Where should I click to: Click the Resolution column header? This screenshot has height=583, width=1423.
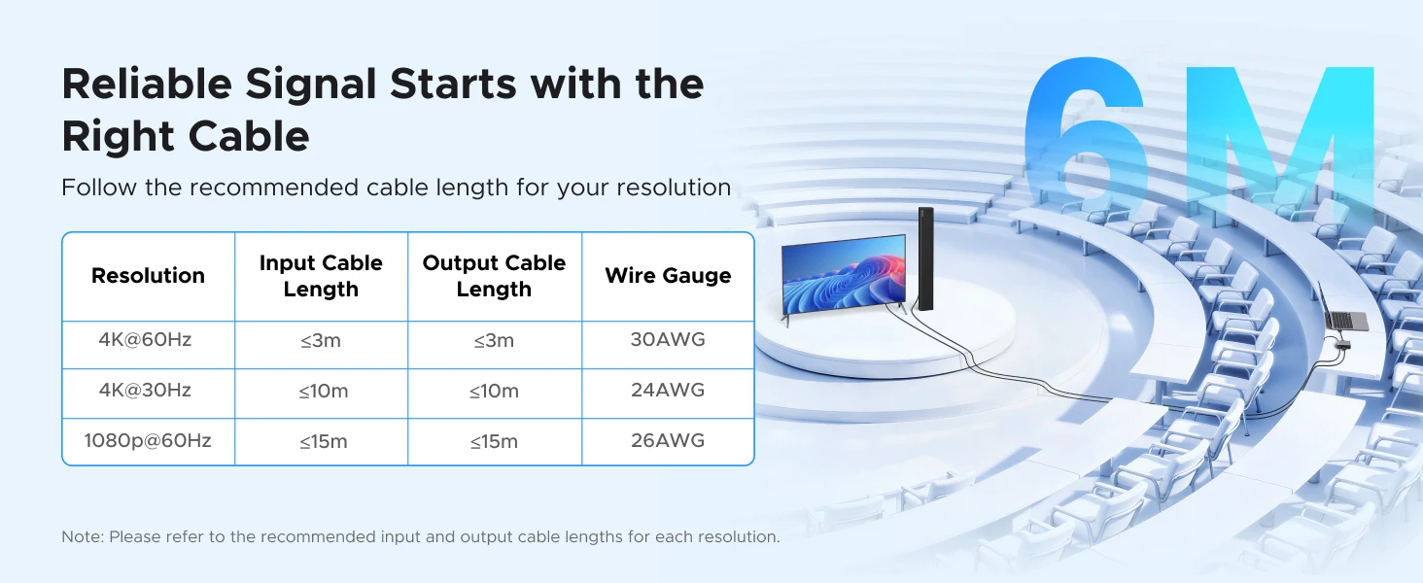[148, 276]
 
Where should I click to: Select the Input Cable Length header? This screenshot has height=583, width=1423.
[321, 276]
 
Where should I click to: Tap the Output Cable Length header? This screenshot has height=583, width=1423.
[494, 276]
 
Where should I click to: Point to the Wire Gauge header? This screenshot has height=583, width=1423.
[668, 276]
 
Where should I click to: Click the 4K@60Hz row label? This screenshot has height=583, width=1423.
[145, 340]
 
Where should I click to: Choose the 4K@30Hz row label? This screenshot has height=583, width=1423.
[145, 390]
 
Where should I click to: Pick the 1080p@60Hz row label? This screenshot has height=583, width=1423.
[148, 440]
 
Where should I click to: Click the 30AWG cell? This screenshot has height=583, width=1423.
[668, 340]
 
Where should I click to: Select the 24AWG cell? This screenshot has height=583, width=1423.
[668, 390]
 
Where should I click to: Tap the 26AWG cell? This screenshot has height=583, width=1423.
[668, 440]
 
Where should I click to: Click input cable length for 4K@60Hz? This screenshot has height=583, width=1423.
[321, 340]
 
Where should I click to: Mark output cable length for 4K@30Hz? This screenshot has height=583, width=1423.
[494, 391]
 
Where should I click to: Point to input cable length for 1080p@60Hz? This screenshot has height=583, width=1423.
[324, 441]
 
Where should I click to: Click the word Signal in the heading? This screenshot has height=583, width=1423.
[311, 85]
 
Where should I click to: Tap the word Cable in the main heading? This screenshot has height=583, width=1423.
[249, 137]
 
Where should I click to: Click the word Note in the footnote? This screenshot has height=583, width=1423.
[82, 536]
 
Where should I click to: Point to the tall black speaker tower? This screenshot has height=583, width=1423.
[925, 258]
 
